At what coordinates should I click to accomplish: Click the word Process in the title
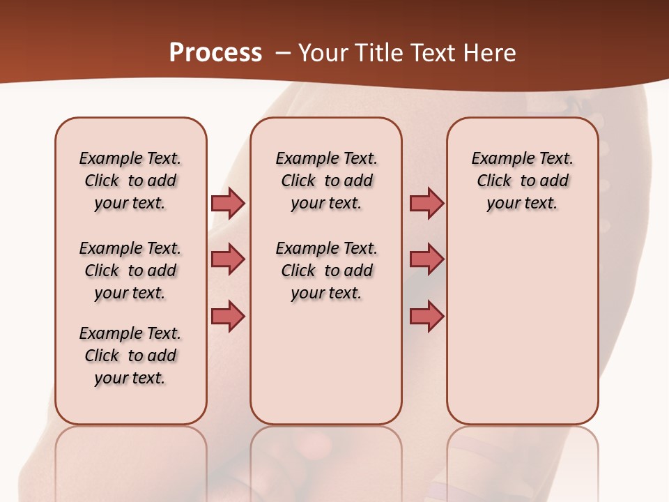(215, 52)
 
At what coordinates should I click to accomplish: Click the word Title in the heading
(378, 52)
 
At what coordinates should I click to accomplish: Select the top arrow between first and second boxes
(228, 203)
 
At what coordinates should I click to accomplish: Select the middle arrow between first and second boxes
(228, 259)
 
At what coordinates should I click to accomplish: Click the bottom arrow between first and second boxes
(228, 317)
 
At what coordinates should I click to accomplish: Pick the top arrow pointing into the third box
(426, 203)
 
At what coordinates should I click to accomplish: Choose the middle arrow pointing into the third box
(426, 259)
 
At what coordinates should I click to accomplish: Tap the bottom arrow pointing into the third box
(426, 317)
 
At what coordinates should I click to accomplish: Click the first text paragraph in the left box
(130, 181)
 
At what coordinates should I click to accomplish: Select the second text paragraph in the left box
(130, 271)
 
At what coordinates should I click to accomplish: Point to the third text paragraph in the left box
(130, 356)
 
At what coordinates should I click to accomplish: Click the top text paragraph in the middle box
(326, 181)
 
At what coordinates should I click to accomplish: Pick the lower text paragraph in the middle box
(326, 271)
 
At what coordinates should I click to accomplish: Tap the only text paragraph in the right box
(523, 181)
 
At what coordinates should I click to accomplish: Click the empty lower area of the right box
(523, 328)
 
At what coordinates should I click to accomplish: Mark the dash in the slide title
(283, 53)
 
